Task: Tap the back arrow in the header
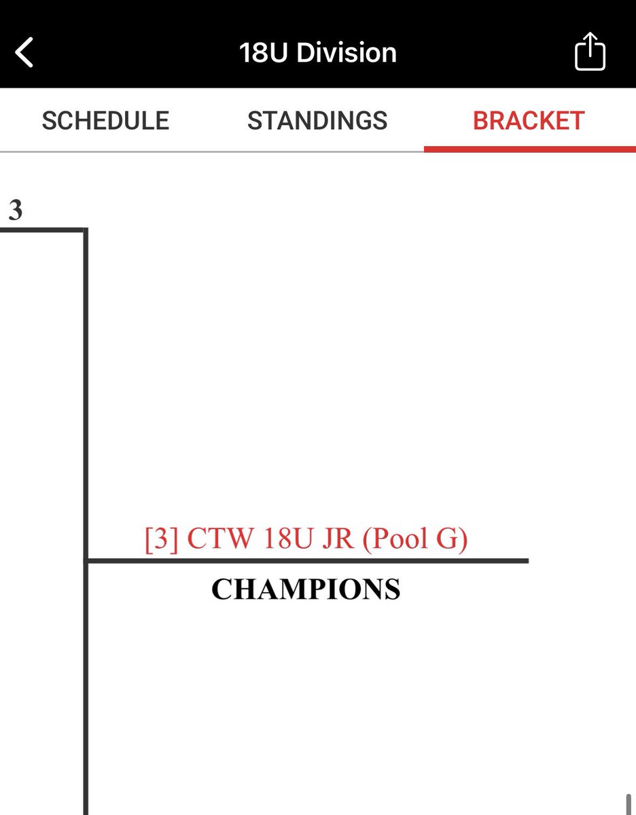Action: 24,53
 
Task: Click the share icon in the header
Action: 590,52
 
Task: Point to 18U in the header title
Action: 262,53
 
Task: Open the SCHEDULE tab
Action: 105,121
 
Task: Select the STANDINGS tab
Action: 317,121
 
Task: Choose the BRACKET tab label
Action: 529,121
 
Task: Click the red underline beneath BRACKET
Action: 529,149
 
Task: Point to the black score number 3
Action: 15,211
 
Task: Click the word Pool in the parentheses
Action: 401,540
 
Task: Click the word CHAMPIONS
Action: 306,590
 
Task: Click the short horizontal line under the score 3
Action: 41,230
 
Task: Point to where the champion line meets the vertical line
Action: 86,560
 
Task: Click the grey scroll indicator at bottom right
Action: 629,804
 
